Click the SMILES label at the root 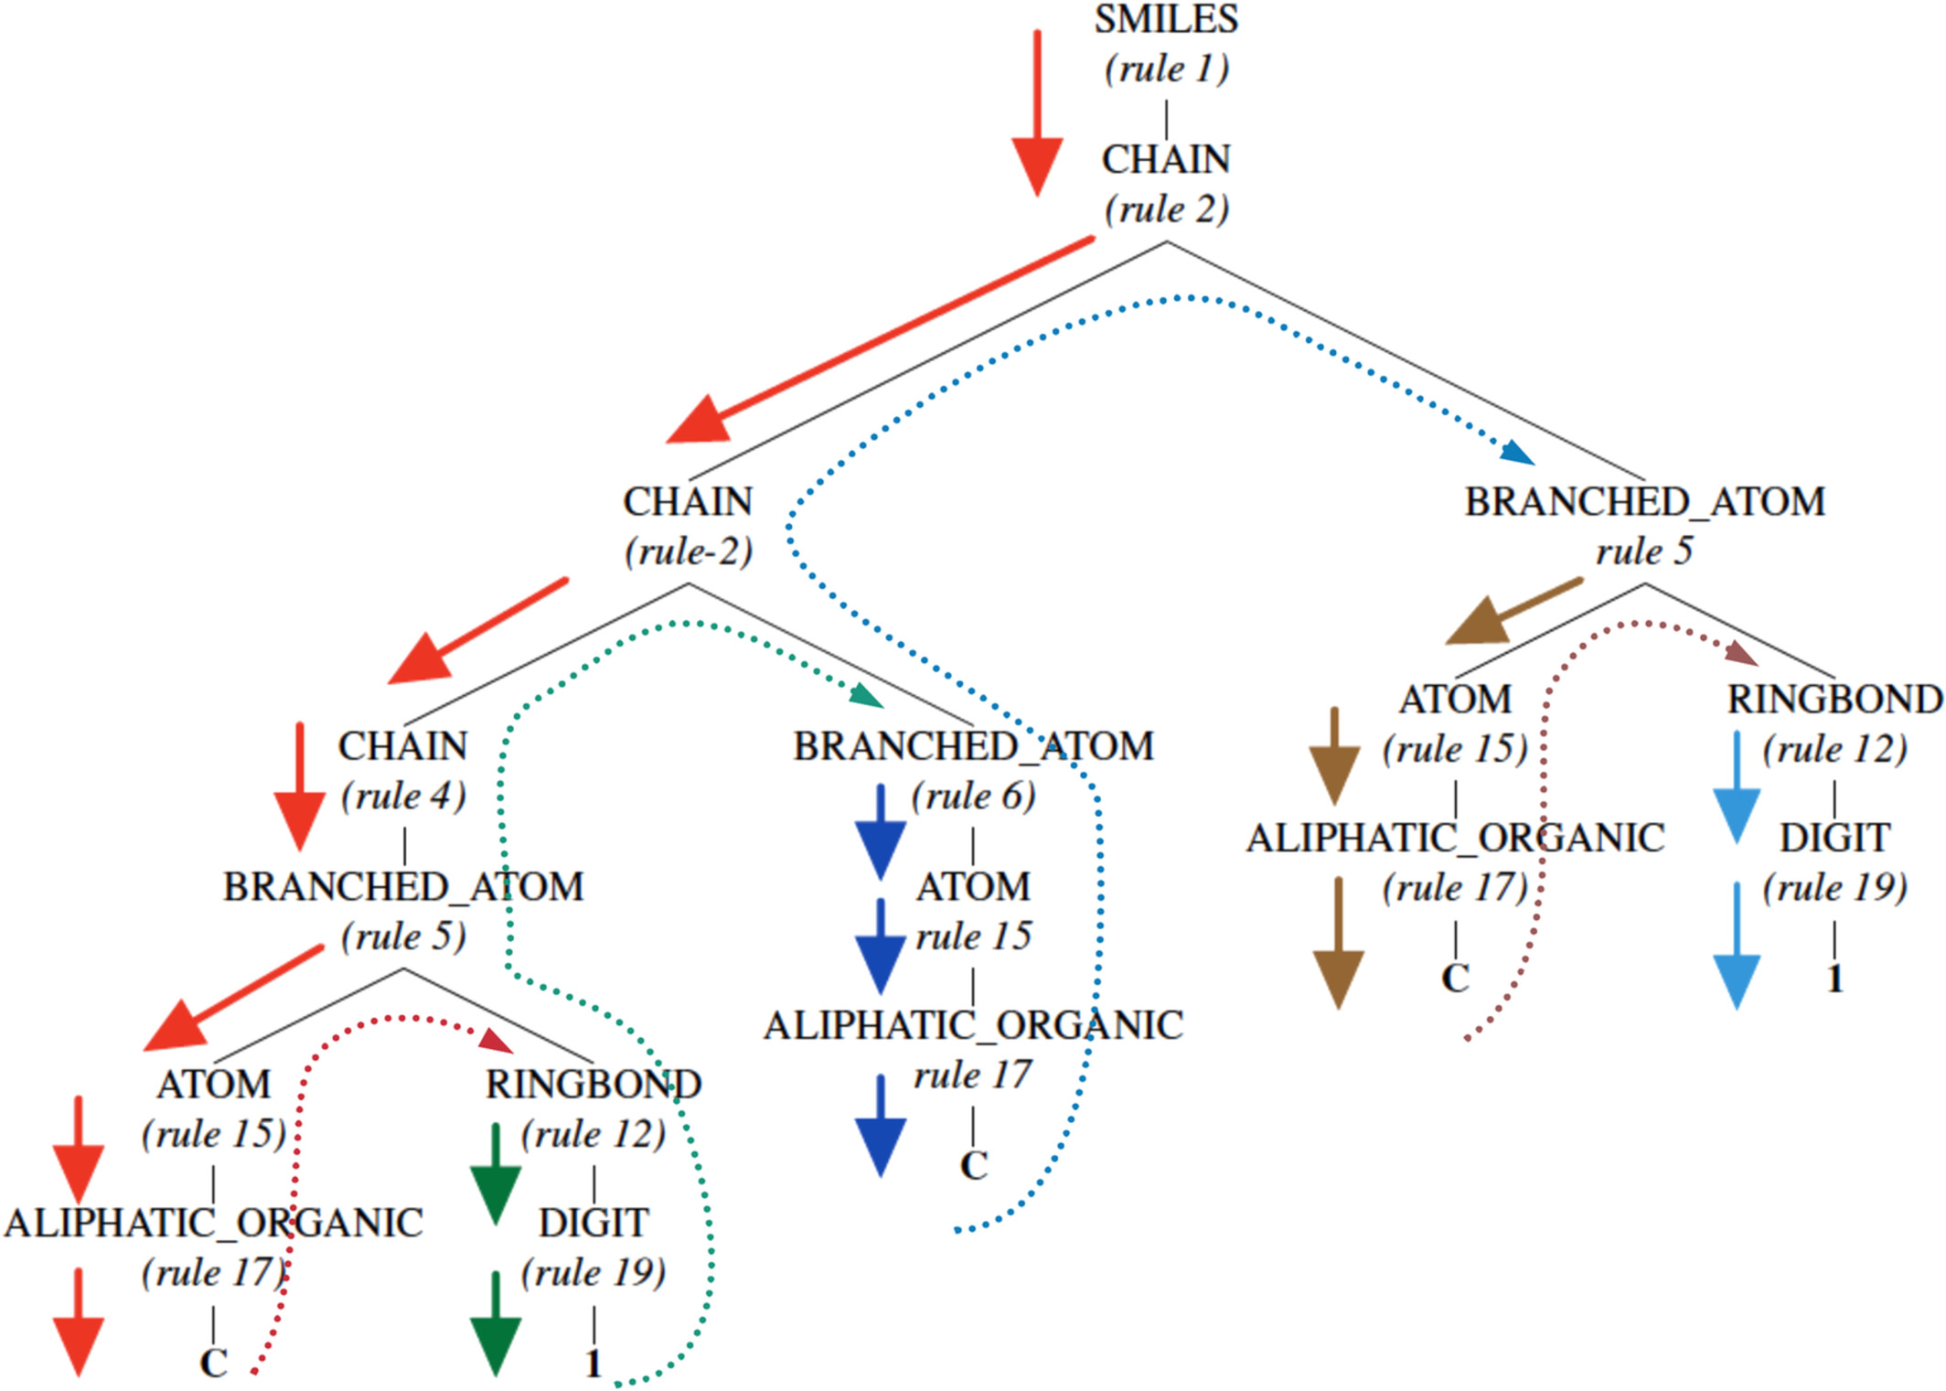[1166, 20]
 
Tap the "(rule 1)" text [1166, 70]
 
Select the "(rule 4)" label [403, 797]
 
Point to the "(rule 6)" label [973, 797]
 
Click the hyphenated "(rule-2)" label [689, 551]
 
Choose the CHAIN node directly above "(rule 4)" [403, 746]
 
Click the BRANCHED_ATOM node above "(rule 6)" [973, 746]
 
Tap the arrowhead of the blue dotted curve [1518, 453]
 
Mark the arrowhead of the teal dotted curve [867, 697]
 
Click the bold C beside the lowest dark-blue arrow [974, 1166]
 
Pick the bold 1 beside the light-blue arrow [1834, 979]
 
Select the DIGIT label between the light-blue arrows [1834, 838]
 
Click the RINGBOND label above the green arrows [593, 1085]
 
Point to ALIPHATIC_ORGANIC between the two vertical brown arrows [1455, 838]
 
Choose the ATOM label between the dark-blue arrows [973, 887]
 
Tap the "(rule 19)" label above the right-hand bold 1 [1834, 888]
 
